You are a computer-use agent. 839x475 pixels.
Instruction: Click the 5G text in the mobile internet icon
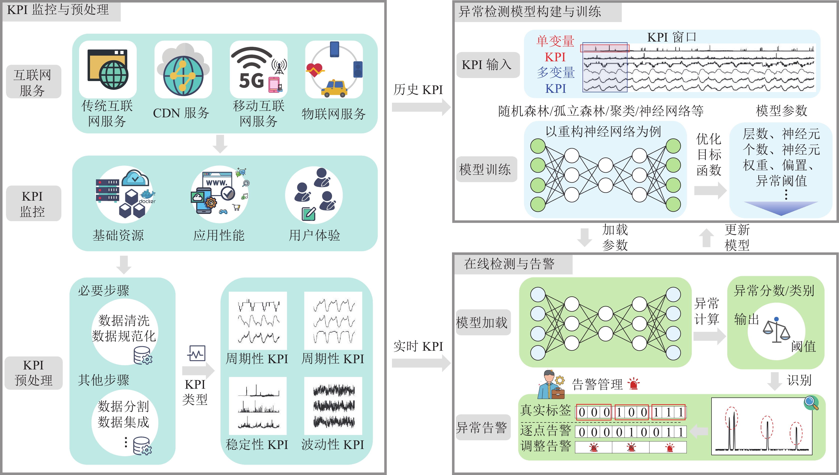251,80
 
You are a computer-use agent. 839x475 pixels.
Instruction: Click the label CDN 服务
181,113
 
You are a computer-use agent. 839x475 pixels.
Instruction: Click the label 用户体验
314,235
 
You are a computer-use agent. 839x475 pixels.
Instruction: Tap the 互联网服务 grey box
33,82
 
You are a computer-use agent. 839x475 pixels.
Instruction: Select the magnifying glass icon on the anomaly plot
811,403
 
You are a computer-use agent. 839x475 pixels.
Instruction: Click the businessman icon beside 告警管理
551,385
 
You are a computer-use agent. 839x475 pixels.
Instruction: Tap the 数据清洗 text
124,320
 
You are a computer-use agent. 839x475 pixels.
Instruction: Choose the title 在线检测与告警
509,264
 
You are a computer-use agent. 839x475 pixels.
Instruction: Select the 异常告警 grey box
482,427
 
